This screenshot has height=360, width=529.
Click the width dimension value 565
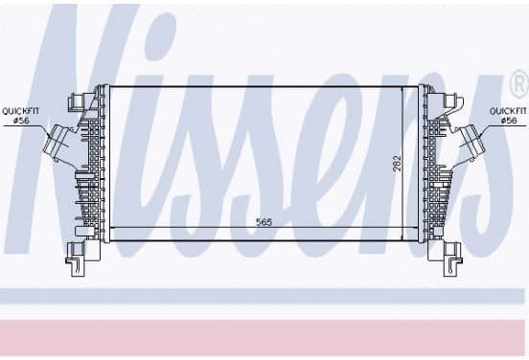pos(264,222)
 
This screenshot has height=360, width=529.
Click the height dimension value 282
pos(398,163)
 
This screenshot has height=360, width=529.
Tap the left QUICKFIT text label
pos(21,110)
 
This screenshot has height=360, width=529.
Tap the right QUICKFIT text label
pos(508,110)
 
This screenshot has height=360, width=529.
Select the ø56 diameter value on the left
pos(21,121)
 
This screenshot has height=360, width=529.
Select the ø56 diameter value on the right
pos(509,121)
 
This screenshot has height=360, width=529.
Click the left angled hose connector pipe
pos(60,144)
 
